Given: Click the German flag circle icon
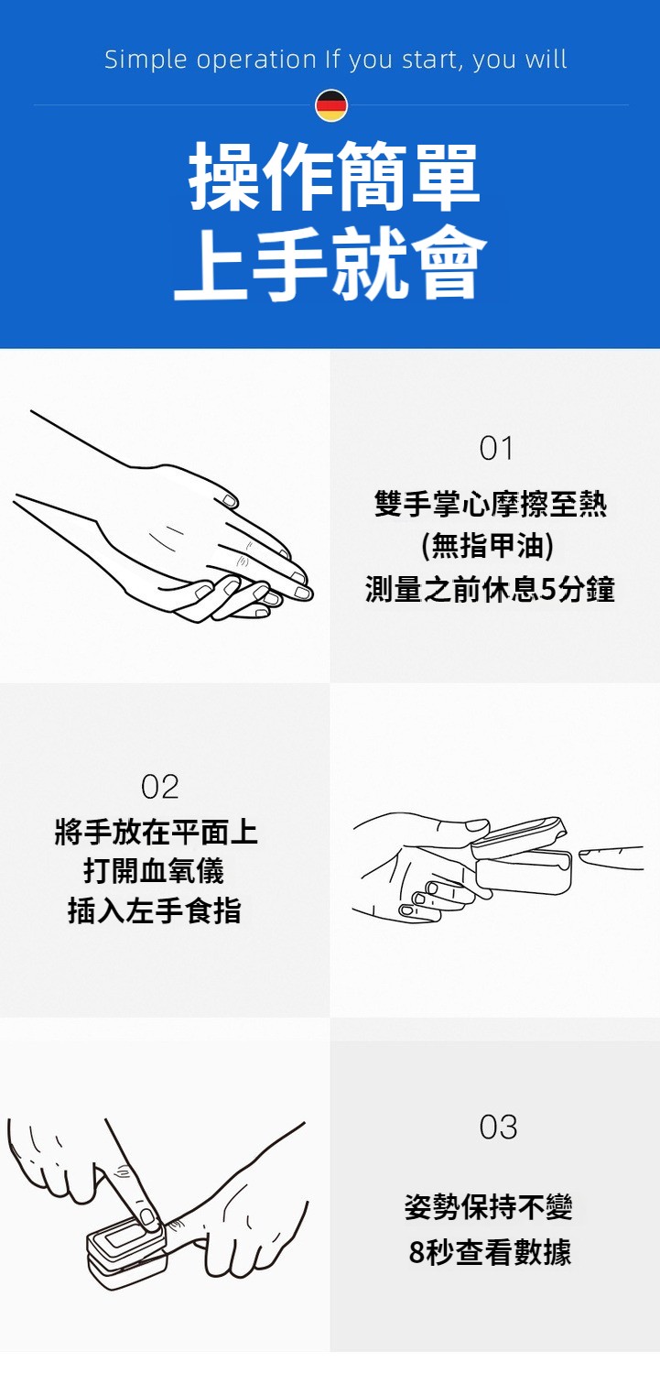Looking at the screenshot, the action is pyautogui.click(x=331, y=105).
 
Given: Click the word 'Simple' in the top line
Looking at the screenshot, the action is pyautogui.click(x=146, y=60).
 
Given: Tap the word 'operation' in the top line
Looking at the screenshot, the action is pyautogui.click(x=257, y=60).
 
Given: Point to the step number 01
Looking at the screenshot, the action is pyautogui.click(x=496, y=448).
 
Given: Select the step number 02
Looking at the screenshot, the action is pyautogui.click(x=160, y=787).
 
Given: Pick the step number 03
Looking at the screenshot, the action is pyautogui.click(x=498, y=1127).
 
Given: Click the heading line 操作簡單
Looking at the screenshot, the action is pyautogui.click(x=333, y=175).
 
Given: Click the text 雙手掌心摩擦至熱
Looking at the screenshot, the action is pyautogui.click(x=491, y=504).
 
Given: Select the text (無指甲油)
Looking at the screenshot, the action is pyautogui.click(x=488, y=545).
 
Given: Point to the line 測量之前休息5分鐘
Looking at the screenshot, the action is pyautogui.click(x=490, y=589).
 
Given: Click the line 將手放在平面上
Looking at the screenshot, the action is pyautogui.click(x=157, y=831).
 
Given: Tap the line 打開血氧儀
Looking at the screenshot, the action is pyautogui.click(x=154, y=870).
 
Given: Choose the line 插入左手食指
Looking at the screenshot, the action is pyautogui.click(x=155, y=910).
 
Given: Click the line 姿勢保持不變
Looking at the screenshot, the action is pyautogui.click(x=489, y=1207).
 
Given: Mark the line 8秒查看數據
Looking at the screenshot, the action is pyautogui.click(x=490, y=1252).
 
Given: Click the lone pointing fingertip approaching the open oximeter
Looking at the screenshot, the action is pyautogui.click(x=611, y=857).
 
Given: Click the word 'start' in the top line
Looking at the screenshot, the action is pyautogui.click(x=429, y=60).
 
